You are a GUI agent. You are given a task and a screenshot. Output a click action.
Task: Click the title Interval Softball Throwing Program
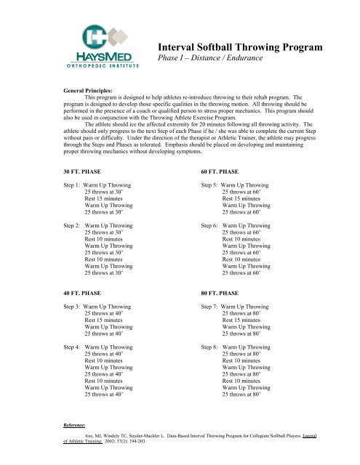click(x=240, y=48)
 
